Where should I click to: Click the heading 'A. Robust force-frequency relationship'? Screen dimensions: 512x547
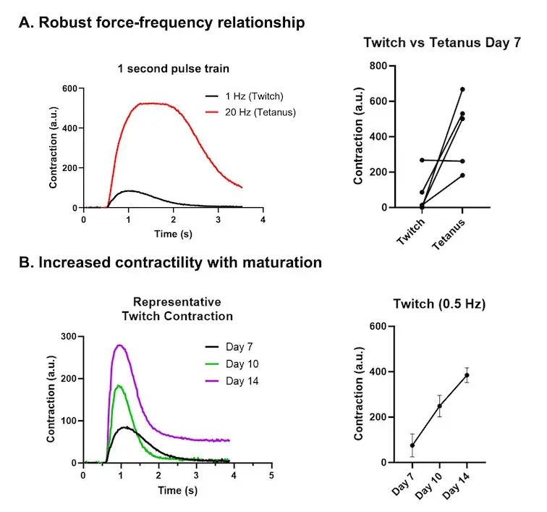pos(161,22)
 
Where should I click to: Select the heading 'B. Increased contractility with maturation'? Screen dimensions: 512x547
pos(170,262)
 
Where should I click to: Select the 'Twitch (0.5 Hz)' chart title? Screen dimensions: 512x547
pos(439,305)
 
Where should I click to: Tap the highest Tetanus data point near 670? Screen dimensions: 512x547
pos(462,89)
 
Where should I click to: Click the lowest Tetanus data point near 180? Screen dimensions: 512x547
pos(462,175)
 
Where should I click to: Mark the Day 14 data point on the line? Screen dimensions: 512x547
pos(467,375)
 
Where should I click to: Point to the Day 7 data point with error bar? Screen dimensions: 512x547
pos(412,445)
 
